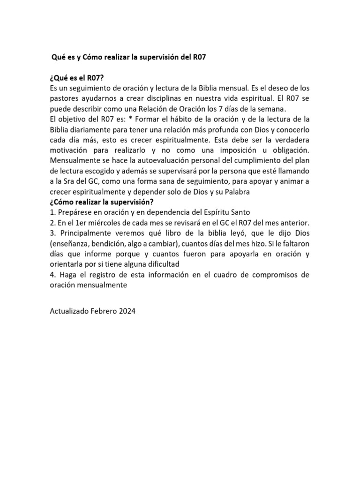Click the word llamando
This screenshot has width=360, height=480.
pos(292,171)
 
